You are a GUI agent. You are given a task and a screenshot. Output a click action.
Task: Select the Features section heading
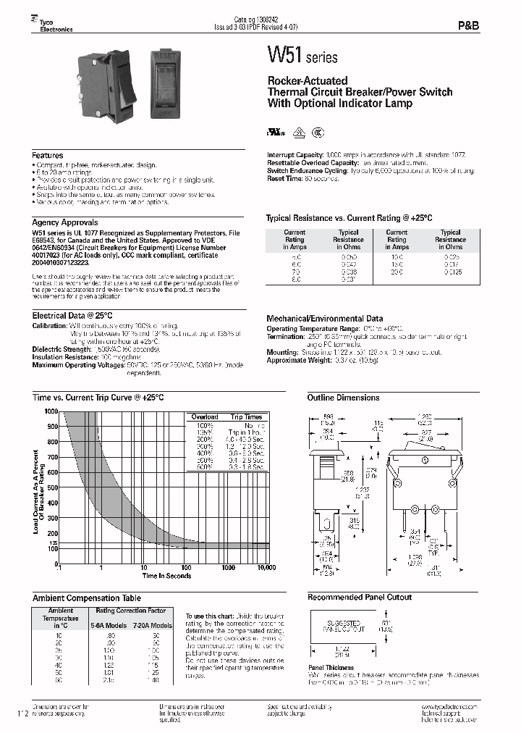coord(48,156)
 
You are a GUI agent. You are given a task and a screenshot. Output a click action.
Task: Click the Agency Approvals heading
coord(65,222)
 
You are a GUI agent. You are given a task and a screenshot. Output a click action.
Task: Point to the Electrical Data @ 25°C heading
coord(73,316)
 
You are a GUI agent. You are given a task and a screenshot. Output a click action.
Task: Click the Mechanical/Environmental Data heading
coord(325,319)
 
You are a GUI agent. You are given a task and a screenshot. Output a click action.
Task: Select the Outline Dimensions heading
coord(343,398)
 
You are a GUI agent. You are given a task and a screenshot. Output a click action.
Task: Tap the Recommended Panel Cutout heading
coord(359,597)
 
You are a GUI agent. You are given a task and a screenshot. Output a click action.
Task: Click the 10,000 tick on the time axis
coord(266,569)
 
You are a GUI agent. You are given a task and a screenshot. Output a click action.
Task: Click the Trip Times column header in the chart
coord(246,417)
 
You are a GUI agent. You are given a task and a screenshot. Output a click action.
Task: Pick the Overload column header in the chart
coord(206,417)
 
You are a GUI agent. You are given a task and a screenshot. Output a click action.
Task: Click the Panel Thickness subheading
coord(331,667)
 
